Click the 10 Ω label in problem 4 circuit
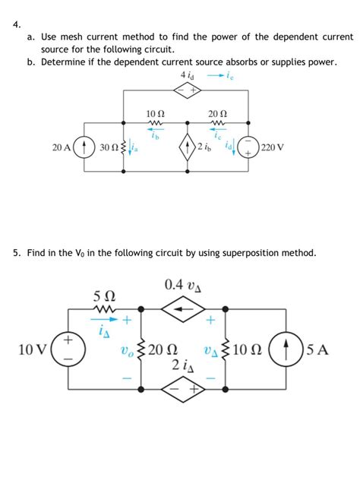[x=155, y=114]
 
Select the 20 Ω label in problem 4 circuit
[x=217, y=114]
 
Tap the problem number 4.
[x=17, y=22]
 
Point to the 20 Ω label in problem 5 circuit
[x=164, y=350]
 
